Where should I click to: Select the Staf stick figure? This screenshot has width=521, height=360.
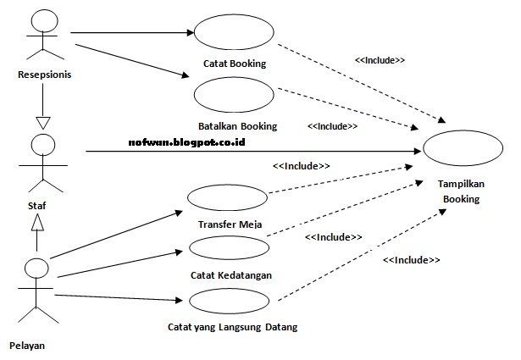click(38, 161)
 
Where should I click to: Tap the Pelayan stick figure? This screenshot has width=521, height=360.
click(36, 292)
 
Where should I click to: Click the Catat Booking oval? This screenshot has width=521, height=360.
click(234, 32)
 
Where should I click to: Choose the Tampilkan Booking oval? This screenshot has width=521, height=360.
click(458, 148)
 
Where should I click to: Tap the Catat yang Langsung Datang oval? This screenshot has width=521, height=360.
click(229, 300)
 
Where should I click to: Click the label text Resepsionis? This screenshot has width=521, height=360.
click(44, 75)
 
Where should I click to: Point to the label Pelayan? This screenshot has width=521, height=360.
click(27, 345)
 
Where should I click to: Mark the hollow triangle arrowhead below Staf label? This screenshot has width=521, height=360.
click(36, 221)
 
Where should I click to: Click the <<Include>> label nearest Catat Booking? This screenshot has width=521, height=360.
click(380, 61)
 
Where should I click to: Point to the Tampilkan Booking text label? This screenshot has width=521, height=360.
click(458, 191)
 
